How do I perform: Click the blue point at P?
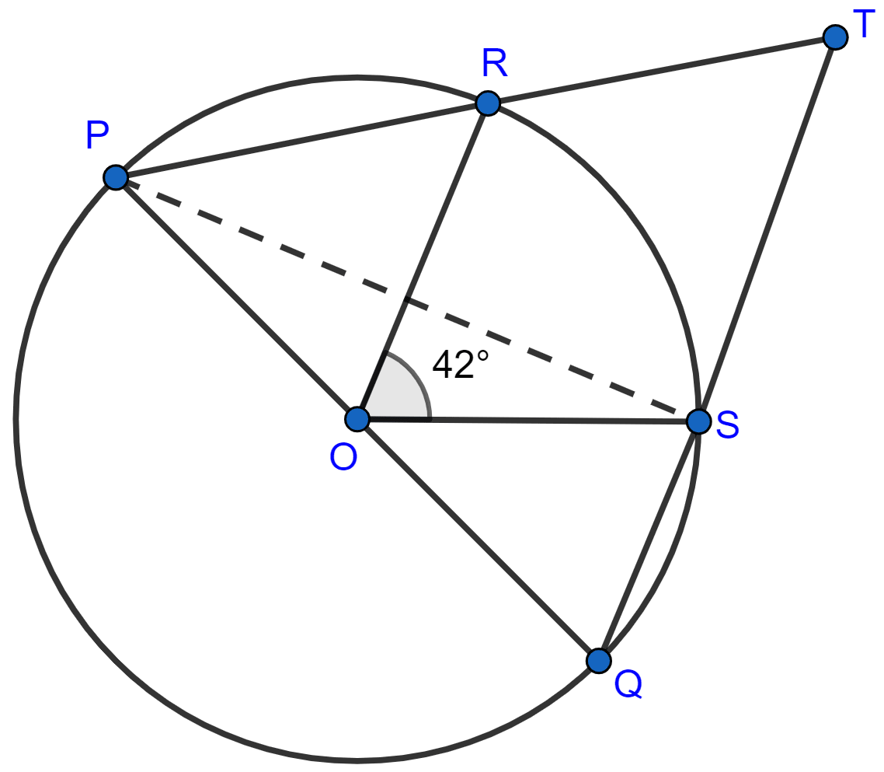coord(116,177)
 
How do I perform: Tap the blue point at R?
coord(488,103)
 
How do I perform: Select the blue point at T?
coord(835,37)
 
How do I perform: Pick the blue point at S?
coord(699,421)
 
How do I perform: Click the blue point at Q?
coord(599,660)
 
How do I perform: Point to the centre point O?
coord(357,419)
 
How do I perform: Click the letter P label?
coord(97,134)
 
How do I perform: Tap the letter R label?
coord(494,63)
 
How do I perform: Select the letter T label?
coord(863,24)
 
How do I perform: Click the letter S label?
coord(727,424)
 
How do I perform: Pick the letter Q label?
coord(628,684)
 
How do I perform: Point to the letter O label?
coord(343,456)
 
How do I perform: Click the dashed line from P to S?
coord(407,299)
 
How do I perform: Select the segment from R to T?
coord(661,71)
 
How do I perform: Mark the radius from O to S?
coord(527,421)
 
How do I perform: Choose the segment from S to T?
coord(767,229)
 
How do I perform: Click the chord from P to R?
coord(301,141)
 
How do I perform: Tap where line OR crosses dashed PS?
coord(406,299)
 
